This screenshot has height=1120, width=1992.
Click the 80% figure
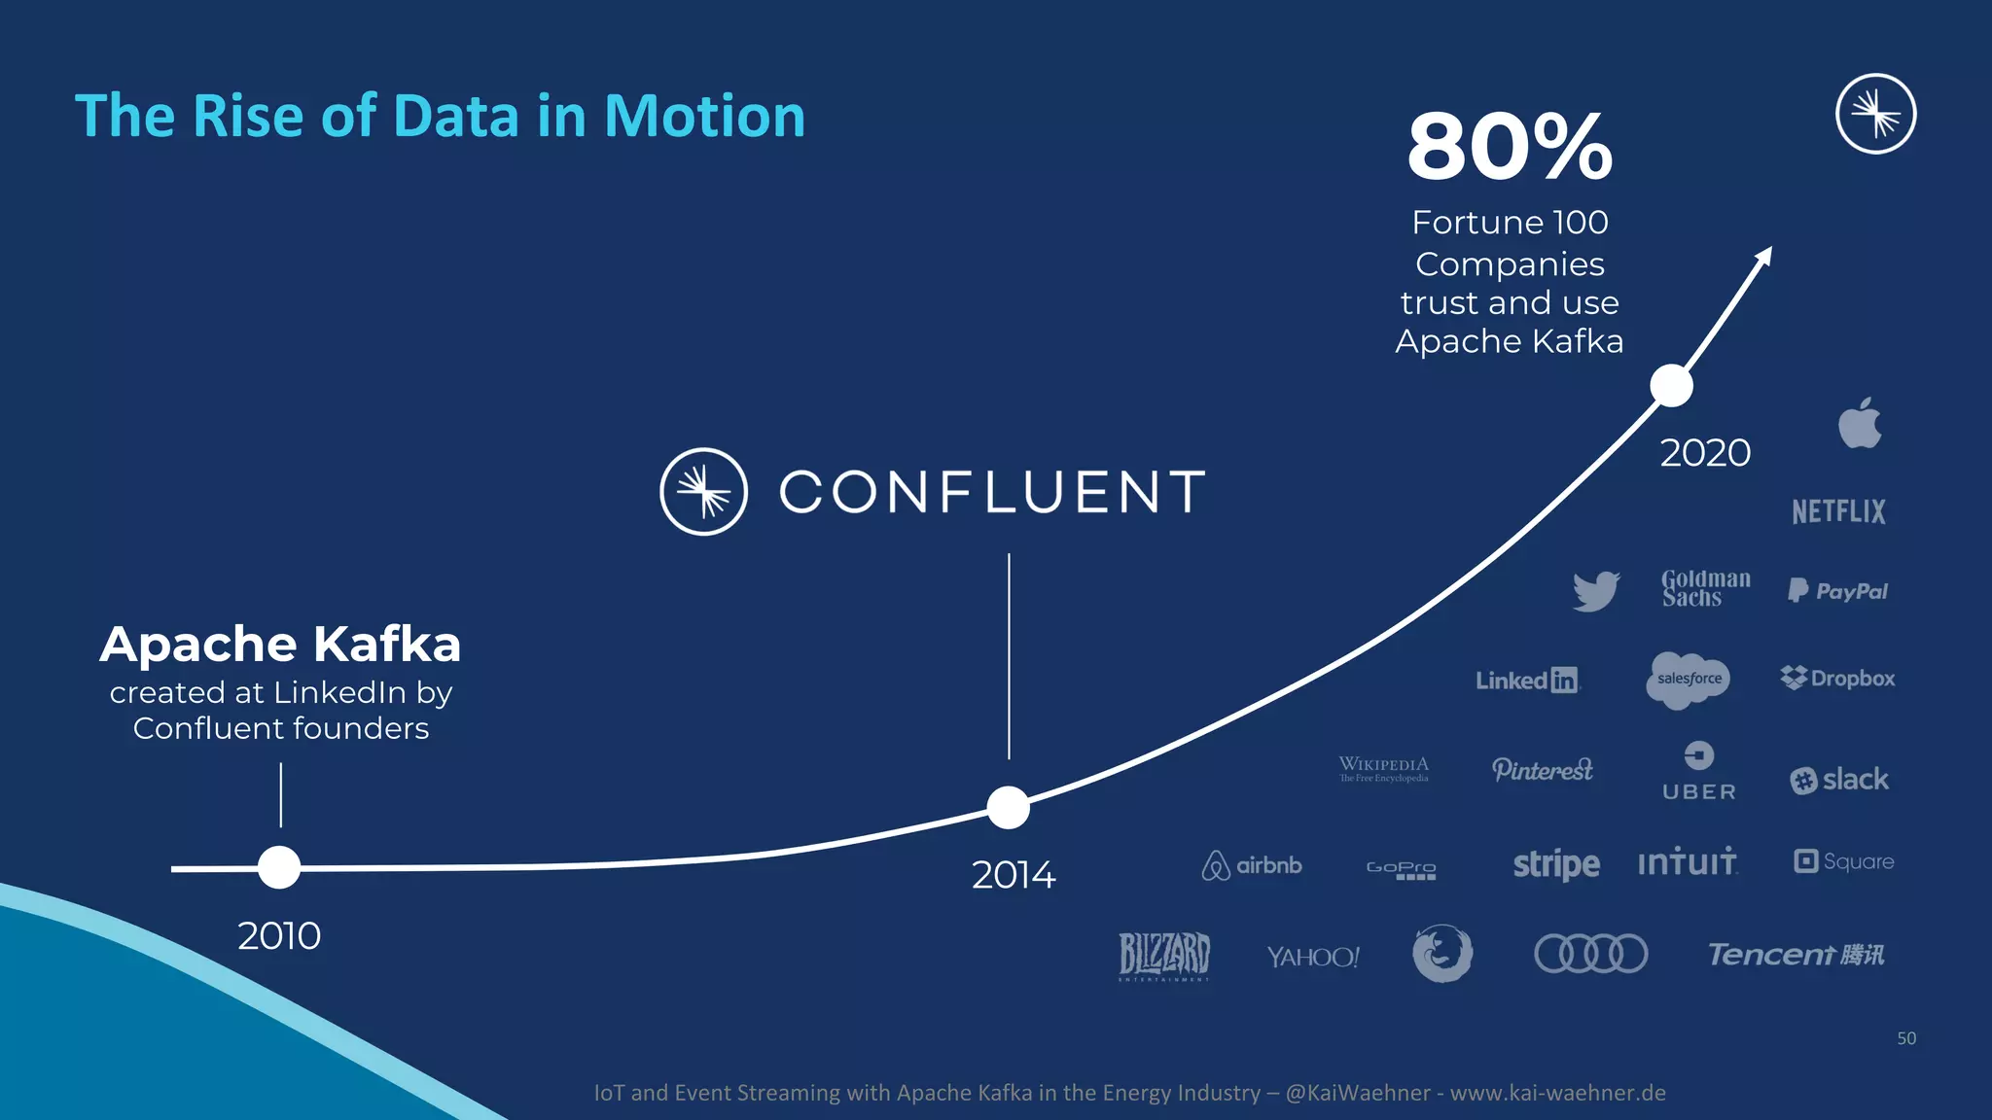pos(1510,147)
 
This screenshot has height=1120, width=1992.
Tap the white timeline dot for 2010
pos(279,867)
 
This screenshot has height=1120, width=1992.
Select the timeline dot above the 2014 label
pos(1009,807)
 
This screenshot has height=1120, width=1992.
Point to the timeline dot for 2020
pos(1671,386)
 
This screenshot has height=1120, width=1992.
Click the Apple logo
pos(1860,424)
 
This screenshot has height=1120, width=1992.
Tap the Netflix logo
pos(1838,511)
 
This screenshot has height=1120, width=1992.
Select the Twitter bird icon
pos(1596,590)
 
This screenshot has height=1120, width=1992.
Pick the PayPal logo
pos(1837,590)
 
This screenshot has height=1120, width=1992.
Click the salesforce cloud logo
pos(1690,679)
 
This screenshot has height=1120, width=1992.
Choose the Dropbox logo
pos(1837,678)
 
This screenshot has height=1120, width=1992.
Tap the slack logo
pos(1839,780)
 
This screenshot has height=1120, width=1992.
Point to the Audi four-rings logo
pos(1590,953)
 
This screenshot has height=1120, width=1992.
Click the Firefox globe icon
pos(1441,953)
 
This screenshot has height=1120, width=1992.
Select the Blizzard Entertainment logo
pos(1163,955)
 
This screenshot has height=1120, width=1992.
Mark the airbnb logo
pos(1252,864)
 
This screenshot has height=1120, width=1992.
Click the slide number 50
pos(1905,1038)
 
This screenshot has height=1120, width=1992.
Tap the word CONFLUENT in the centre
pos(992,492)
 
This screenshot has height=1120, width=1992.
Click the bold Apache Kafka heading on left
pos(280,644)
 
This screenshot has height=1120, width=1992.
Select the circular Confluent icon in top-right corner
pos(1875,114)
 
